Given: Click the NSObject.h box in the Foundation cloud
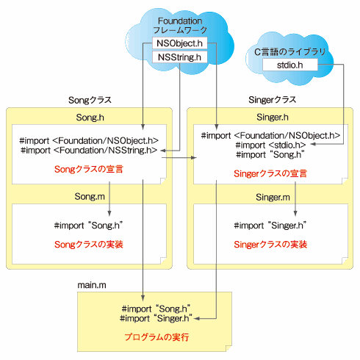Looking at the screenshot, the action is (179, 43).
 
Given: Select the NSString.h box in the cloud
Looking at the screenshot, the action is (179, 57).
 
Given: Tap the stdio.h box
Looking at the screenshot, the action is (290, 65).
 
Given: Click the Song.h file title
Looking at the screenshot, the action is (90, 118).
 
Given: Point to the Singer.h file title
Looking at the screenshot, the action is (273, 118).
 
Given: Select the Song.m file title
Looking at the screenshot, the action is (90, 196).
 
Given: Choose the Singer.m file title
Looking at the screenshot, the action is (273, 197).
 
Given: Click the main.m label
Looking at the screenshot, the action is (92, 285).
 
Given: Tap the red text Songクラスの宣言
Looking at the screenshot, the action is (89, 169).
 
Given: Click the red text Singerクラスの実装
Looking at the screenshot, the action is (270, 245).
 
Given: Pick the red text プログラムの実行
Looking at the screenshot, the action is (156, 337).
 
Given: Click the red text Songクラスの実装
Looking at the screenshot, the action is (89, 245).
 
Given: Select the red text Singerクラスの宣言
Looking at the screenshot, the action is (270, 173).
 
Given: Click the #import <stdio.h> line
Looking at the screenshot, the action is (270, 145).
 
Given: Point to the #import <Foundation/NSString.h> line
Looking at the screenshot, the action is (89, 150).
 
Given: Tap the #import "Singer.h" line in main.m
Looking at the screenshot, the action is (156, 318).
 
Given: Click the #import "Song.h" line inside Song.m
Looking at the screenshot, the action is (88, 226).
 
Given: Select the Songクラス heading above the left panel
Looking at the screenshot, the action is (90, 100).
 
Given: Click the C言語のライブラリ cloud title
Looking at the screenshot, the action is (289, 52).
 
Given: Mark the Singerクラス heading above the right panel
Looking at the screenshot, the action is (273, 100).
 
